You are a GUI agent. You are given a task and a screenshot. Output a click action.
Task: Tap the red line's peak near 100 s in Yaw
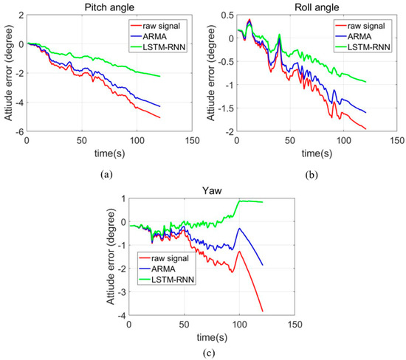(239, 252)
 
